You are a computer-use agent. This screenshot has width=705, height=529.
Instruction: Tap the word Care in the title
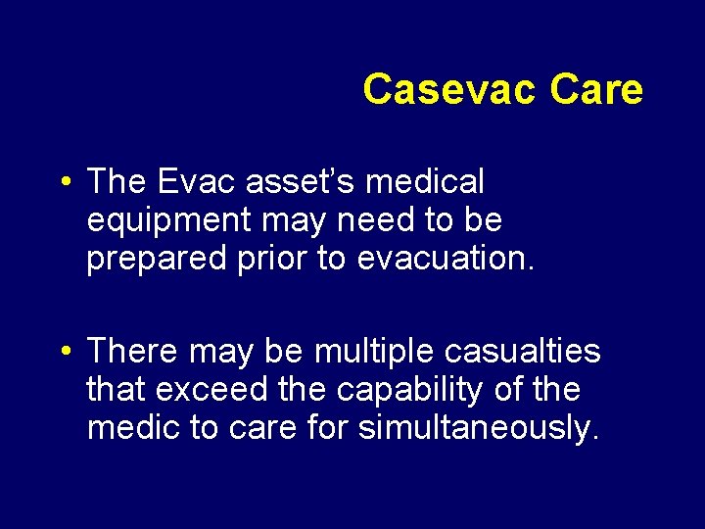point(596,89)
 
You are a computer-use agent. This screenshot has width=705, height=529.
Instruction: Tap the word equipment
point(169,221)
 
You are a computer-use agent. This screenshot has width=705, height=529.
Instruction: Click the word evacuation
point(446,260)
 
